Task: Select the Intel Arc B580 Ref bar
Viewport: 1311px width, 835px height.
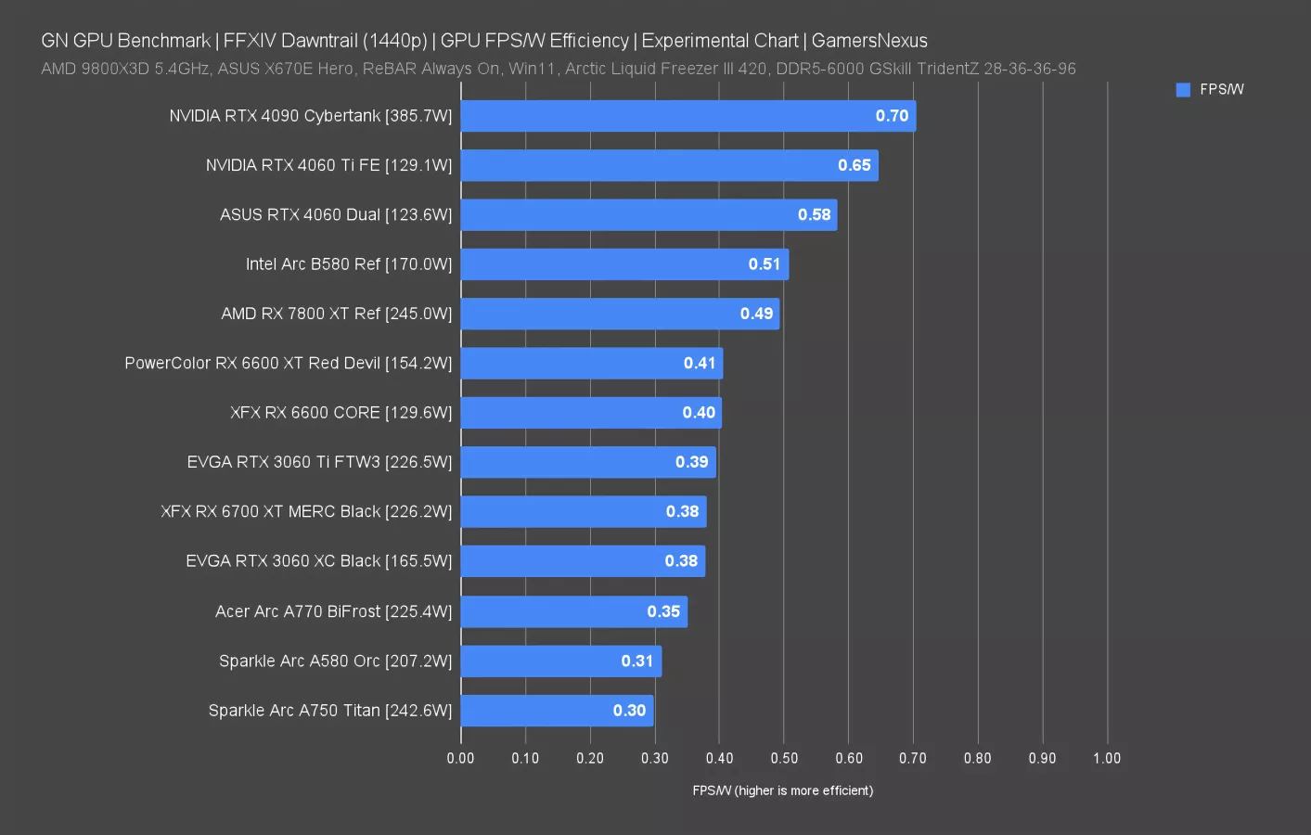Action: tap(603, 264)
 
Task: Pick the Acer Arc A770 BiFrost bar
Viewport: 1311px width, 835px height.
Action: tap(557, 611)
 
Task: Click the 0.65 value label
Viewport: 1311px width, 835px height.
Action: tap(854, 165)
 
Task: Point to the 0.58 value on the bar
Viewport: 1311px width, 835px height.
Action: tap(814, 215)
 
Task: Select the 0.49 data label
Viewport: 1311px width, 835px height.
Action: tap(756, 314)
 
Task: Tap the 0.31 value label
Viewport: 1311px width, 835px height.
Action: tap(636, 661)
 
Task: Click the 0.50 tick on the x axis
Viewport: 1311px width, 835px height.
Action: tap(784, 758)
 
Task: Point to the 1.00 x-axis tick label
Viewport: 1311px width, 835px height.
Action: tap(1106, 758)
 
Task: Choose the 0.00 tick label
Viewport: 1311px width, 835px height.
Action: tap(460, 758)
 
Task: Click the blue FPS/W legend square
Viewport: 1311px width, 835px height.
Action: tap(1183, 90)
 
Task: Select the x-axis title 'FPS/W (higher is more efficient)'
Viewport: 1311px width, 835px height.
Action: tap(782, 790)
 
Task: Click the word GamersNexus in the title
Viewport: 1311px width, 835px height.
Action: tap(869, 41)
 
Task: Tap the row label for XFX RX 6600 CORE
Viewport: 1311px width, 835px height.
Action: tap(341, 413)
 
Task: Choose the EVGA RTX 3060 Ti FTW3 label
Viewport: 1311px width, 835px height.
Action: tap(319, 462)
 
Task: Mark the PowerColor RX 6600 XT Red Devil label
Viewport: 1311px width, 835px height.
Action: tap(288, 363)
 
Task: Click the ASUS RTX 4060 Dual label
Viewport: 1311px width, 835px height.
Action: tap(336, 215)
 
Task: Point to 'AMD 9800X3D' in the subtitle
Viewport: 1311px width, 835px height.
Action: tap(93, 69)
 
